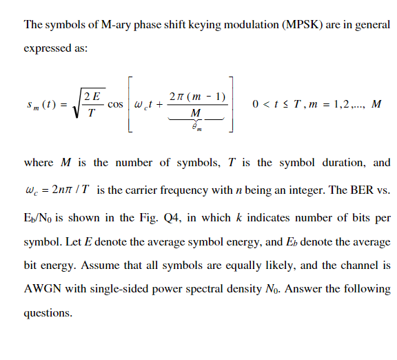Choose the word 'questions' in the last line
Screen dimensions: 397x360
tap(48, 312)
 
